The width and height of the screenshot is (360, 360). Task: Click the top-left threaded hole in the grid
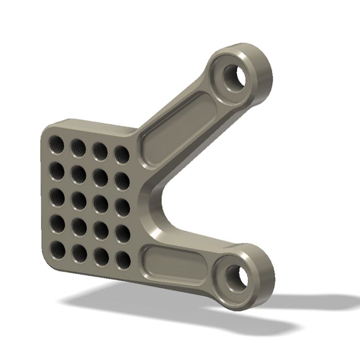point(57,145)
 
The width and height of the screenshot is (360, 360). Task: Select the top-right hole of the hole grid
point(122,154)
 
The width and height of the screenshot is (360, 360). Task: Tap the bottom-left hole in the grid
point(58,250)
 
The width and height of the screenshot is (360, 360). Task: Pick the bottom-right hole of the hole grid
point(123,260)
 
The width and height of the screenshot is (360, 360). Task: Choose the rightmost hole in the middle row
point(122,207)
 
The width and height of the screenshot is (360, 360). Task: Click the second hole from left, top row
point(78,148)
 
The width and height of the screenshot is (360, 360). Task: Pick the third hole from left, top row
point(100,151)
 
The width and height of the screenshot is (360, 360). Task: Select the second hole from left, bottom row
point(79,253)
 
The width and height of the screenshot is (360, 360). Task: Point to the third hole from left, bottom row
point(101,256)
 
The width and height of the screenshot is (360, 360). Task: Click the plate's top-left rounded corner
point(47,129)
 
